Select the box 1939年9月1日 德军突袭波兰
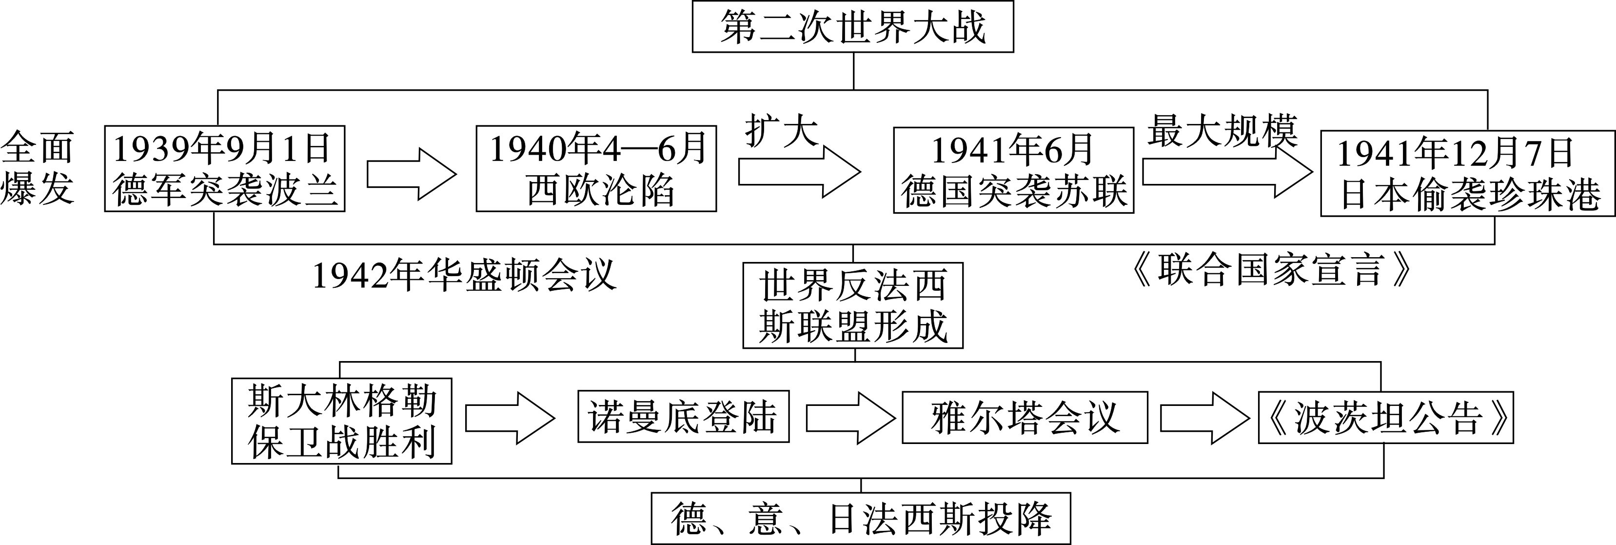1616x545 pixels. (225, 169)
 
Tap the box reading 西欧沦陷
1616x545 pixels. (596, 169)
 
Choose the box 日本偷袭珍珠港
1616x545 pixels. (1468, 173)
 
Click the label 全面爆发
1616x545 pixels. (38, 168)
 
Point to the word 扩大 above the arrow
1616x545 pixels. (782, 131)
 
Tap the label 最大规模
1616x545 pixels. (1222, 131)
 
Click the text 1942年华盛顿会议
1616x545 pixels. (464, 276)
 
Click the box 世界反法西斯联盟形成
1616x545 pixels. (852, 305)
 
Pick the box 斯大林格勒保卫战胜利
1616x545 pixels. (341, 421)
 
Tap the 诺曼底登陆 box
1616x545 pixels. (683, 417)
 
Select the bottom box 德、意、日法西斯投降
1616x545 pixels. (861, 519)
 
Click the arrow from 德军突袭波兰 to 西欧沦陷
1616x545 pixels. (411, 175)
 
